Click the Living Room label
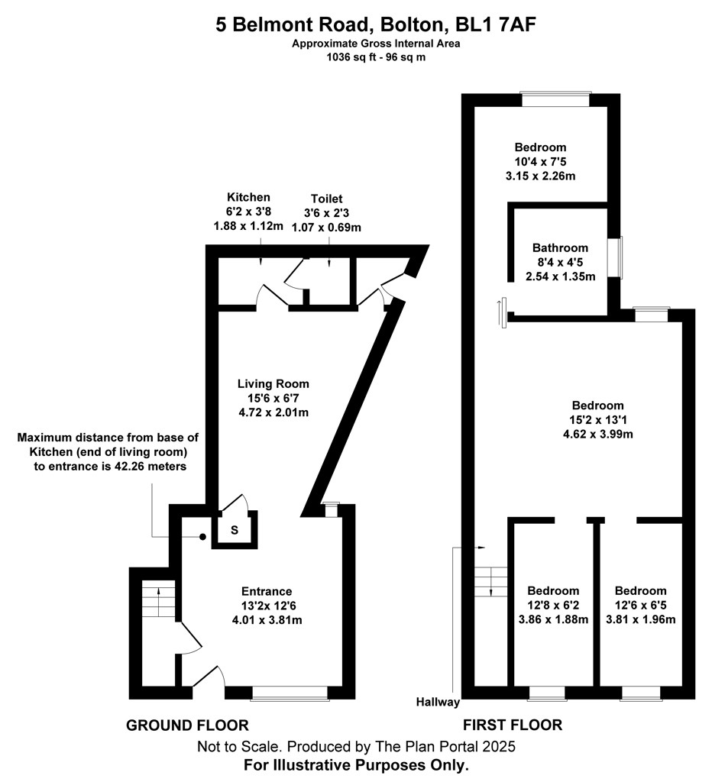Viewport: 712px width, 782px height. click(x=273, y=384)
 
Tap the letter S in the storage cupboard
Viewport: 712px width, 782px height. click(x=235, y=530)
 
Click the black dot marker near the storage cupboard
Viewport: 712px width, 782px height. click(x=202, y=537)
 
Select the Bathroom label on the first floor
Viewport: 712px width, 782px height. click(x=560, y=248)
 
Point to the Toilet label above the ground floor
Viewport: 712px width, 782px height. click(x=326, y=199)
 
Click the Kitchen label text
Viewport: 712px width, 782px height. click(x=248, y=197)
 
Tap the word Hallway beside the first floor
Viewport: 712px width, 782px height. click(x=438, y=703)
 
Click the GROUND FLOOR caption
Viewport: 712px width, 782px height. click(x=187, y=725)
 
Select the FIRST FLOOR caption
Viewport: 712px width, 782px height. click(x=513, y=725)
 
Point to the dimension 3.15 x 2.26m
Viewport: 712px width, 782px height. click(x=540, y=176)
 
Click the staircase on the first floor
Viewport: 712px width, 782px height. click(x=490, y=581)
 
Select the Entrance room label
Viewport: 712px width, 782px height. click(x=267, y=592)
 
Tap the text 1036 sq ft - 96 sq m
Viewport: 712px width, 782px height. click(x=376, y=57)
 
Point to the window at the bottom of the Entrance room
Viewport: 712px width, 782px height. click(x=290, y=693)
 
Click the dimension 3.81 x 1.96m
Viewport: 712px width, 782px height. click(x=641, y=619)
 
